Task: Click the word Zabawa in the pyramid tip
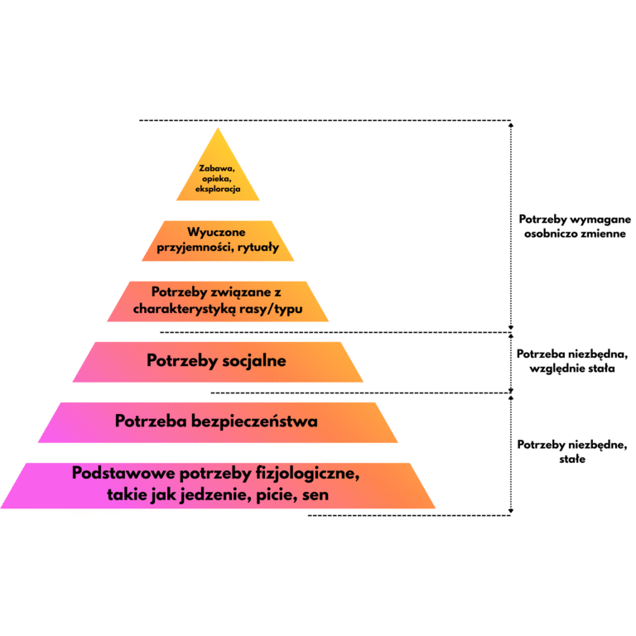[218, 168]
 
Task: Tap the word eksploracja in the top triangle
[218, 190]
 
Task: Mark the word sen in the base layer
[316, 495]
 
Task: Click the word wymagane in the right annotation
[596, 219]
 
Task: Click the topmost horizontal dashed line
[323, 121]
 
